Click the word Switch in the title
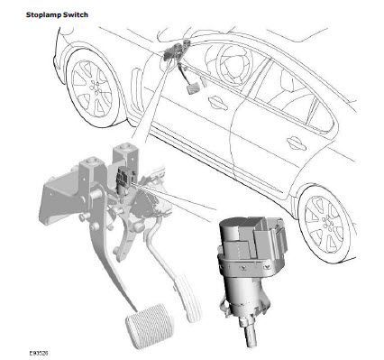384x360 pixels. [x=75, y=14]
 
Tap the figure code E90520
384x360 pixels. [x=39, y=353]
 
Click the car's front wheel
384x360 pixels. [x=93, y=88]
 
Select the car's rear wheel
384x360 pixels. [x=325, y=221]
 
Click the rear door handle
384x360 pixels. [x=297, y=143]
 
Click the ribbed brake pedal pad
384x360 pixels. [x=150, y=326]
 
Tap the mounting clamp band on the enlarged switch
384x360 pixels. [x=249, y=264]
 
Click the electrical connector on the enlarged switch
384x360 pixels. [x=268, y=236]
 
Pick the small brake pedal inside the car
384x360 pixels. [x=193, y=88]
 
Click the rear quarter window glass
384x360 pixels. [x=322, y=119]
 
